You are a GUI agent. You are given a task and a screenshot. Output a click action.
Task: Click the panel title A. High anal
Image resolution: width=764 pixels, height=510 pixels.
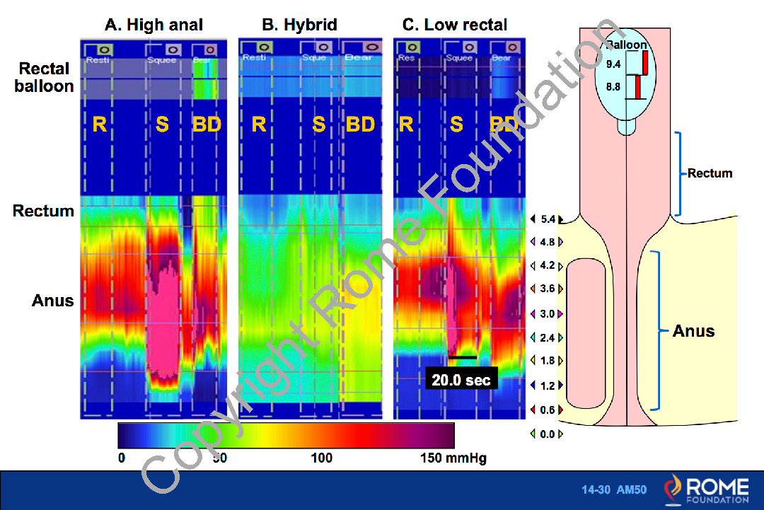154,25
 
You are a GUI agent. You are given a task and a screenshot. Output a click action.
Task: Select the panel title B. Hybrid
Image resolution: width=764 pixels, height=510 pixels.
299,25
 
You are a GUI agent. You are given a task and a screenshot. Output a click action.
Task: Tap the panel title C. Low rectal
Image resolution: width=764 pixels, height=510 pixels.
455,25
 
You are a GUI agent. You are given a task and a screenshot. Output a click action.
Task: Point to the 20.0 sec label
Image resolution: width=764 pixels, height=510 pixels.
461,380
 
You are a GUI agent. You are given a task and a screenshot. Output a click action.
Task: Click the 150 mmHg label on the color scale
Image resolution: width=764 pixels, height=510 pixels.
453,458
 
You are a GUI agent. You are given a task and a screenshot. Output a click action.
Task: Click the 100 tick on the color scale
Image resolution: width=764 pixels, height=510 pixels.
322,458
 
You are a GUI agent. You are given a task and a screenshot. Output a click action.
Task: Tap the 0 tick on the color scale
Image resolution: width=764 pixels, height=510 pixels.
122,458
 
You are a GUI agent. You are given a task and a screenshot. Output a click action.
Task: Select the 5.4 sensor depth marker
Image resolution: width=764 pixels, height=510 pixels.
547,220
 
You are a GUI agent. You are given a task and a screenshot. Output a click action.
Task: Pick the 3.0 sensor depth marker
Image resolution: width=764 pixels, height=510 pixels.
547,313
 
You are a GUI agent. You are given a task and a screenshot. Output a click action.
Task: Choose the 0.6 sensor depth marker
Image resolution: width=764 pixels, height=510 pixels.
547,410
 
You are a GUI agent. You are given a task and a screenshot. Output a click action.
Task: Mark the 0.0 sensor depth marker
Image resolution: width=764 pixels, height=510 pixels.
547,434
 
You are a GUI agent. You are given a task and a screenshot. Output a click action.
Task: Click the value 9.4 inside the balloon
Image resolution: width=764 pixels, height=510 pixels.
614,64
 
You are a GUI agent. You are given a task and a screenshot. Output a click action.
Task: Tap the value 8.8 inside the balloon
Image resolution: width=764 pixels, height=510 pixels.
614,88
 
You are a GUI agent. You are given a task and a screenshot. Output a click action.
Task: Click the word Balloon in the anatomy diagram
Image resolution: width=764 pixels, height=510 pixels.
627,45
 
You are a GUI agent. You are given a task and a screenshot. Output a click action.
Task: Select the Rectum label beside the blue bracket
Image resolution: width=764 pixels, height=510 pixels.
710,173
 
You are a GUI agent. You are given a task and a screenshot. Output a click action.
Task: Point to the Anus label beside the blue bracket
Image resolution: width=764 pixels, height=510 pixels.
693,331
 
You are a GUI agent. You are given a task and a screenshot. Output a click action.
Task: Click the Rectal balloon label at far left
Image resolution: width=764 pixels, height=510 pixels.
45,78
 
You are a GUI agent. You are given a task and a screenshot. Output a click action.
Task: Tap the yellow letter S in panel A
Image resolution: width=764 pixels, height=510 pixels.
163,125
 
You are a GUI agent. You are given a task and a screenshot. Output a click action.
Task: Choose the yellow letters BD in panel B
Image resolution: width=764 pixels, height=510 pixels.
360,125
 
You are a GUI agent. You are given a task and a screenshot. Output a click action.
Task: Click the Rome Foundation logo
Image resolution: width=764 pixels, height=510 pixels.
707,489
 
